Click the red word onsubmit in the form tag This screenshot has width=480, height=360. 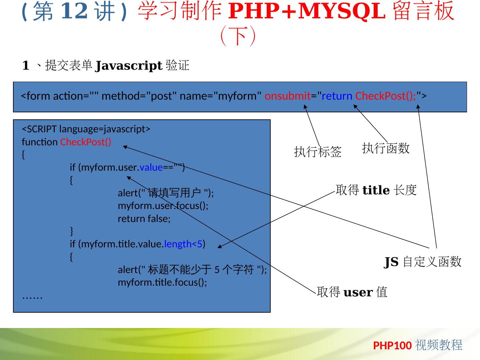point(287,96)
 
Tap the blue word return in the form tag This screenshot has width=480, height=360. point(337,96)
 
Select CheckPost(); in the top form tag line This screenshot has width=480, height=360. point(386,96)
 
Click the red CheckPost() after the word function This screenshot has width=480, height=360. point(86,142)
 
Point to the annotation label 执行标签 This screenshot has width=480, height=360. point(318,152)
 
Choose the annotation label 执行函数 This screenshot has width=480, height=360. point(386,148)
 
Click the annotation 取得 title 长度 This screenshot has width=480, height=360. point(376,190)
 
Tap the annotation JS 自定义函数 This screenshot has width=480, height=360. point(423,262)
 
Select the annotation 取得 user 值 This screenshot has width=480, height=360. point(352,292)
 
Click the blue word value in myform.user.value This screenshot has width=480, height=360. point(151,167)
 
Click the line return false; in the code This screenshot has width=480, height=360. point(144,219)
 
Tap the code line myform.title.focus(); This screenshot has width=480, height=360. point(162,282)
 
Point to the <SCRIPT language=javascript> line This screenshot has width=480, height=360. point(86,129)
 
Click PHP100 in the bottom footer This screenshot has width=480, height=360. point(392,346)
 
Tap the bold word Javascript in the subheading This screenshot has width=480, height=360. point(129,66)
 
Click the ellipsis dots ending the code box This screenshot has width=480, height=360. point(32,296)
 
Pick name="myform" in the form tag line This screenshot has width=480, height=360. point(220,96)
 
